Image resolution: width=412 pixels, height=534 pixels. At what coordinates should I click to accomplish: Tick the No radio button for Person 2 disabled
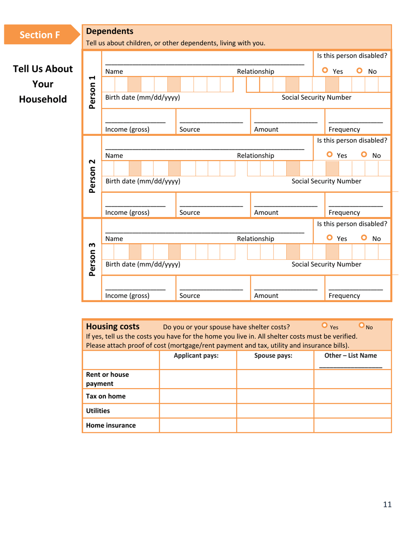click(x=364, y=155)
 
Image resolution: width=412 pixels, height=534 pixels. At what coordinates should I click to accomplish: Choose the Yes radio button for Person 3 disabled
click(x=329, y=238)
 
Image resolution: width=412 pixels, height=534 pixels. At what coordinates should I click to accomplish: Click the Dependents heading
click(x=110, y=31)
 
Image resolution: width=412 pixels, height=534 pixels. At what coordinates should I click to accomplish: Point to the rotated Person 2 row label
click(x=92, y=175)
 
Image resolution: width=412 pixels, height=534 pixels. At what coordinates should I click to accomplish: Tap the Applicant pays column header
click(x=196, y=356)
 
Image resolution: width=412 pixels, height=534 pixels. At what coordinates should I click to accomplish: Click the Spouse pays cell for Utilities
click(x=275, y=410)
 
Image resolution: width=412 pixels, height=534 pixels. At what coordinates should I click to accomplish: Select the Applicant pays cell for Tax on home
click(x=198, y=396)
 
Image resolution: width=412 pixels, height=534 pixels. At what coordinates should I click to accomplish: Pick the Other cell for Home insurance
click(x=352, y=425)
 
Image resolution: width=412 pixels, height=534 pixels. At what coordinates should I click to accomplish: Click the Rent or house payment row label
click(x=107, y=379)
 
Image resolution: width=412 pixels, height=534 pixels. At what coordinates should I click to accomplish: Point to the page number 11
click(x=387, y=504)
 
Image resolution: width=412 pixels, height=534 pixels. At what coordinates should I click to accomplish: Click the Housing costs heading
click(x=113, y=326)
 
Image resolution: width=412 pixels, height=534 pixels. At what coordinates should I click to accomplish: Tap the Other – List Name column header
click(x=351, y=356)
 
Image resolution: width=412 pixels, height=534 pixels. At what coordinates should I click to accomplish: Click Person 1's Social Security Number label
click(x=316, y=97)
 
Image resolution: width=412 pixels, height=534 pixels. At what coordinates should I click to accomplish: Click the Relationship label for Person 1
click(x=255, y=71)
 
